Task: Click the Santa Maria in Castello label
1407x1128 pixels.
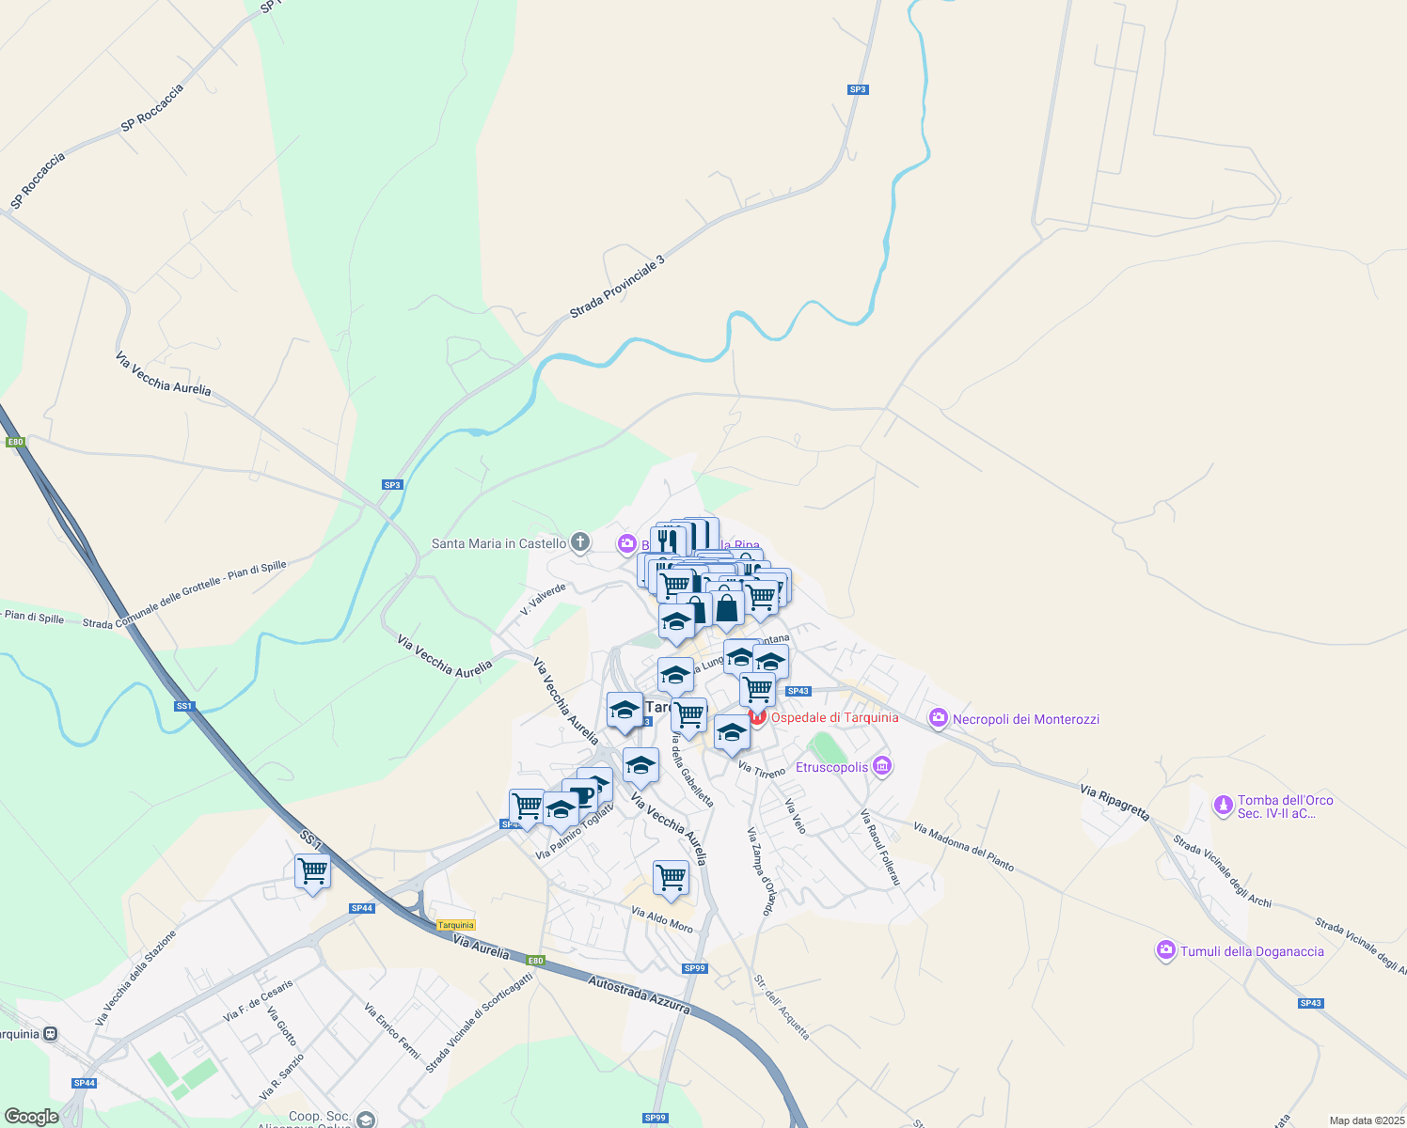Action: (498, 543)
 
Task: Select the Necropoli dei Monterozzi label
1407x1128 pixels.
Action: (1025, 719)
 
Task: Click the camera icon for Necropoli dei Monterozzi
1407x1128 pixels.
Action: (938, 719)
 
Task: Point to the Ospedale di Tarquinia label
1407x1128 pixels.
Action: (834, 717)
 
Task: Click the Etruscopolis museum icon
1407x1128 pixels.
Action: (881, 766)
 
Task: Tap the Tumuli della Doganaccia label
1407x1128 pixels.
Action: (1251, 951)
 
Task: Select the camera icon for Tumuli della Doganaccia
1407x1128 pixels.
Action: (1166, 951)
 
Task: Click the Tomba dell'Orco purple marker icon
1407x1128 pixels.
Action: (1223, 806)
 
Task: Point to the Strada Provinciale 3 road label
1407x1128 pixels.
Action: (617, 286)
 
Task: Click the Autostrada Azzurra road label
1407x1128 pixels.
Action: (640, 995)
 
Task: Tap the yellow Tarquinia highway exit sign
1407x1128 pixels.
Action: (456, 925)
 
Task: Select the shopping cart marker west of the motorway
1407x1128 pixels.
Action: (312, 871)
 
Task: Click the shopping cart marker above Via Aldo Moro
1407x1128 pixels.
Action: (671, 877)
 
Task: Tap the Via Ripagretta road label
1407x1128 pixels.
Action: (1115, 803)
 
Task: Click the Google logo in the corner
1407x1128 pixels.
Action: (31, 1117)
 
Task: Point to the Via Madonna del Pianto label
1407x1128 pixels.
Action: (963, 848)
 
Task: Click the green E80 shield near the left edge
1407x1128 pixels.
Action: (14, 442)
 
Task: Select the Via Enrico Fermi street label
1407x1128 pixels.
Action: (391, 1030)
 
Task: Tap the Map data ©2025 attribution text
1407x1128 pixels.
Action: (1366, 1120)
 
